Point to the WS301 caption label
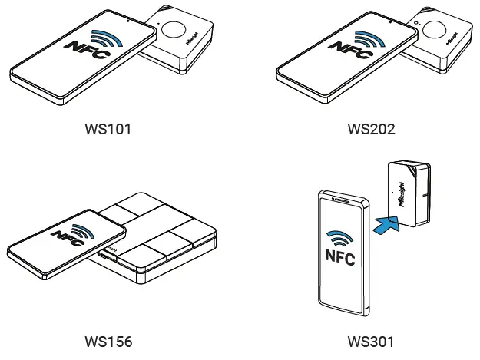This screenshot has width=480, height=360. pyautogui.click(x=371, y=340)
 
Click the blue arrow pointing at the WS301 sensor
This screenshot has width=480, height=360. pyautogui.click(x=386, y=225)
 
